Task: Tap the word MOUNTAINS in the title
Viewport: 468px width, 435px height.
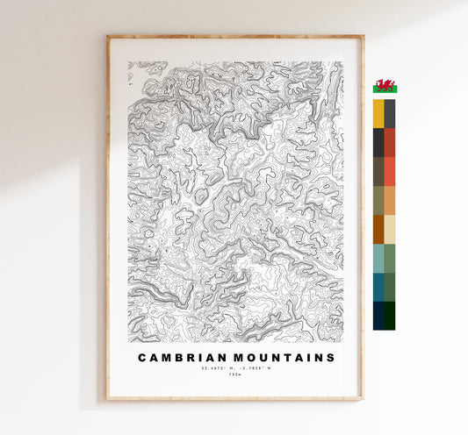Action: tap(282, 358)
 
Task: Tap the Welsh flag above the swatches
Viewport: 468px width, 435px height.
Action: tap(384, 86)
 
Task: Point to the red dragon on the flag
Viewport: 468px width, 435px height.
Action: tap(384, 86)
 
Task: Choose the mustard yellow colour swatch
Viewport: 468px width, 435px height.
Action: tap(378, 113)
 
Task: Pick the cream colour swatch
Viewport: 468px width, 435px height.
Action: tap(390, 229)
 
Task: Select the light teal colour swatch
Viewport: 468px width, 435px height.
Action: tap(378, 258)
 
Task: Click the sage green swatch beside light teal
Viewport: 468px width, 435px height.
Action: tap(390, 258)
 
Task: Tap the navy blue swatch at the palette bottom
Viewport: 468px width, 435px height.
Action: tap(378, 316)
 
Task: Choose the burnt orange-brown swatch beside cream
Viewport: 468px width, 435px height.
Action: tap(378, 229)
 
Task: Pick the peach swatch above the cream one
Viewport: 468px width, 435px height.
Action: tap(390, 200)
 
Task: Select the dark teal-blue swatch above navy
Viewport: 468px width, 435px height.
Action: tap(378, 287)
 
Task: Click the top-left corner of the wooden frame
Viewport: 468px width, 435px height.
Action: tap(108, 37)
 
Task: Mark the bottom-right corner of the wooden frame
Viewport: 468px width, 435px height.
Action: tap(363, 399)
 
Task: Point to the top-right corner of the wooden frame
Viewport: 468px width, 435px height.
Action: tap(363, 37)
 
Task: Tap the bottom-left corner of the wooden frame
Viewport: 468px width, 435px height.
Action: tap(108, 399)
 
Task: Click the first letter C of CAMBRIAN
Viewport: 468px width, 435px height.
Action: tap(142, 358)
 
